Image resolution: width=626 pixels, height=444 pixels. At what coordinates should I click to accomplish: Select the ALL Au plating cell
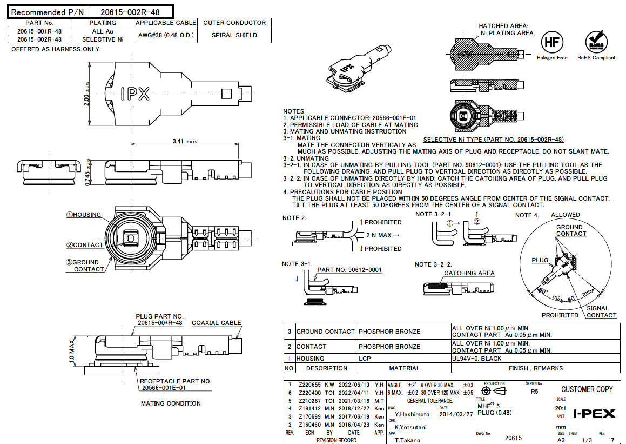[103, 31]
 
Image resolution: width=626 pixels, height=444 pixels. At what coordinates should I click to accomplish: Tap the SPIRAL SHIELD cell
[234, 35]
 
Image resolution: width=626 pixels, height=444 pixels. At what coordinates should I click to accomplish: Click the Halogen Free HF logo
[551, 42]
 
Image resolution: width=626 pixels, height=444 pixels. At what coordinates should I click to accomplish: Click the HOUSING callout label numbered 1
[84, 215]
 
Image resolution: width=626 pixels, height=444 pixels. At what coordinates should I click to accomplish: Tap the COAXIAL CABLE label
[217, 323]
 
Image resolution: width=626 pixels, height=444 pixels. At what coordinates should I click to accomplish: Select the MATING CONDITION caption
[171, 403]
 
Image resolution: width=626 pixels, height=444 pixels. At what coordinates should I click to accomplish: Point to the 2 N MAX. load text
[383, 235]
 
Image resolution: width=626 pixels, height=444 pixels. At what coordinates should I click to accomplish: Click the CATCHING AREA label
[469, 273]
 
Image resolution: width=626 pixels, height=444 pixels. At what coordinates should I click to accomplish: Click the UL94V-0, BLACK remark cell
[477, 359]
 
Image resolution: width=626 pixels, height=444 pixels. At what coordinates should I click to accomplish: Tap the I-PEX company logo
[594, 414]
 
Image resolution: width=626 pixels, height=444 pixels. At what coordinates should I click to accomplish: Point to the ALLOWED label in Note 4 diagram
[565, 215]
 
